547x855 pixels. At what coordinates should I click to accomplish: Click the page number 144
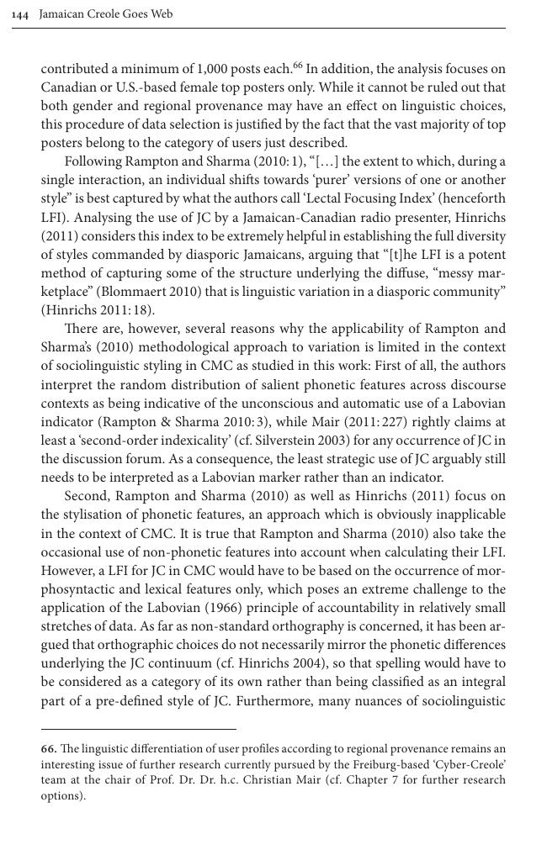pyautogui.click(x=21, y=14)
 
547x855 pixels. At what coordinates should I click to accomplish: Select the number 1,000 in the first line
pyautogui.click(x=213, y=69)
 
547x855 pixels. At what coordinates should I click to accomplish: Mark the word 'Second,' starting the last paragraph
pyautogui.click(x=87, y=496)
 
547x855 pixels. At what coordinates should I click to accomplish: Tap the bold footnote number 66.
pyautogui.click(x=49, y=748)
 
